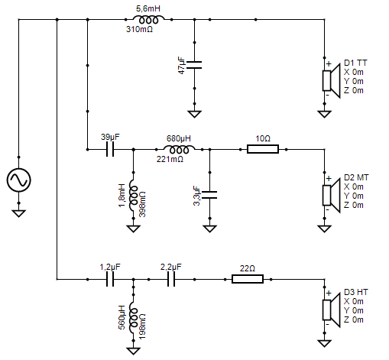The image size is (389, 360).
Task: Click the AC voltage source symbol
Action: pos(18,180)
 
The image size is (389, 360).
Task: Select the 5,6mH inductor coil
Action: pos(148,20)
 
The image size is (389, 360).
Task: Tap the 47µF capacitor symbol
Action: pos(194,65)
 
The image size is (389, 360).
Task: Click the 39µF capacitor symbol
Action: pos(110,149)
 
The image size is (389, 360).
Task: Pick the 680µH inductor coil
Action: pos(179,150)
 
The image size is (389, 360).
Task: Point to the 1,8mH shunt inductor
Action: pos(133,195)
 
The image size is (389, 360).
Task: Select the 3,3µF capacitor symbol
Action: pos(209,195)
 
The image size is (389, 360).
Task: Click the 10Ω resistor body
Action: pos(263,149)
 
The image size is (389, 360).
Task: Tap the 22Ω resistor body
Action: pos(248,279)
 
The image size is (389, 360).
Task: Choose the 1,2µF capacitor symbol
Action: pos(110,279)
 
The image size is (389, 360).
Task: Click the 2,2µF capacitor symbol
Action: pos(171,279)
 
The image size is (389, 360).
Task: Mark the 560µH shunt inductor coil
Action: pos(133,317)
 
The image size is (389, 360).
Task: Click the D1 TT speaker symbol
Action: pos(331,80)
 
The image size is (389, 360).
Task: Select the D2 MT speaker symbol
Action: pos(331,195)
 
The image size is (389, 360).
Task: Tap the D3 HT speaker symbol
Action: pos(331,310)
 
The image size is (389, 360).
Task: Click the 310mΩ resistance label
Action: pos(139,29)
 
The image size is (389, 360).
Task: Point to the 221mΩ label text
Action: pos(170,159)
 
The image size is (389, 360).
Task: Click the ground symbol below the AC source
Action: pos(18,213)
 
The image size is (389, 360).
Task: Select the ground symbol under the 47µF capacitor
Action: pos(194,114)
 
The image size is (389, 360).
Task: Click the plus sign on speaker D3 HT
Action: pos(329,293)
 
